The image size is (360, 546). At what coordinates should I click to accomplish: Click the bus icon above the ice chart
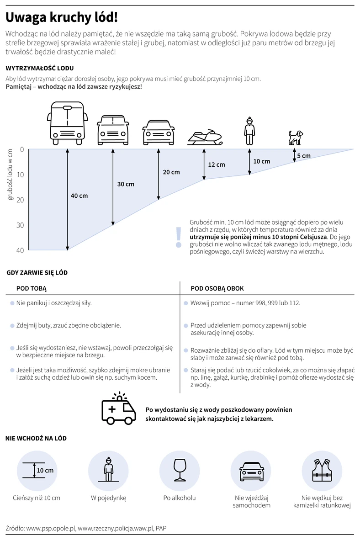pyautogui.click(x=66, y=123)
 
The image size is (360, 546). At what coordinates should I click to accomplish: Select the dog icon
pyautogui.click(x=296, y=138)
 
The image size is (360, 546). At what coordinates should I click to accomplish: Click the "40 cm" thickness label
pyautogui.click(x=79, y=196)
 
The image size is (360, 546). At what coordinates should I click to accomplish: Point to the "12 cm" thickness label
pyautogui.click(x=217, y=164)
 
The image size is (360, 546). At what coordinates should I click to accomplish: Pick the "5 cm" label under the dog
pyautogui.click(x=304, y=156)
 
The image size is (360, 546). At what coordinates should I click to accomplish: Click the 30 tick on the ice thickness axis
pyautogui.click(x=20, y=225)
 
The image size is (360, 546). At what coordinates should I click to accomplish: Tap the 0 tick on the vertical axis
pyautogui.click(x=22, y=149)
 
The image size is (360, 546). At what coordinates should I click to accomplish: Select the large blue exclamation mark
pyautogui.click(x=179, y=237)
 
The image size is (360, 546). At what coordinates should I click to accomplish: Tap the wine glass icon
pyautogui.click(x=180, y=470)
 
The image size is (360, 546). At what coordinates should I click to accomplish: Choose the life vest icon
pyautogui.click(x=322, y=470)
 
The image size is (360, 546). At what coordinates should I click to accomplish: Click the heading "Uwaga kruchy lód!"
pyautogui.click(x=62, y=17)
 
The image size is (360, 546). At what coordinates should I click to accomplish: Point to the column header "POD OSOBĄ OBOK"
pyautogui.click(x=217, y=288)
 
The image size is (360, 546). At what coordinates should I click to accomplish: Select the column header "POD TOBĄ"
pyautogui.click(x=32, y=288)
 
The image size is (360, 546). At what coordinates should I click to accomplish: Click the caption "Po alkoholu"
pyautogui.click(x=180, y=498)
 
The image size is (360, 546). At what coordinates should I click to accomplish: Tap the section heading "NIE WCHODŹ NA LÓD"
pyautogui.click(x=36, y=439)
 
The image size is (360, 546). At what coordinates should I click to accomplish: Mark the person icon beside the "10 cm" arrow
pyautogui.click(x=249, y=131)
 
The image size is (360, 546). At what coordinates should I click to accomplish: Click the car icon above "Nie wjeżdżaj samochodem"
pyautogui.click(x=251, y=472)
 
